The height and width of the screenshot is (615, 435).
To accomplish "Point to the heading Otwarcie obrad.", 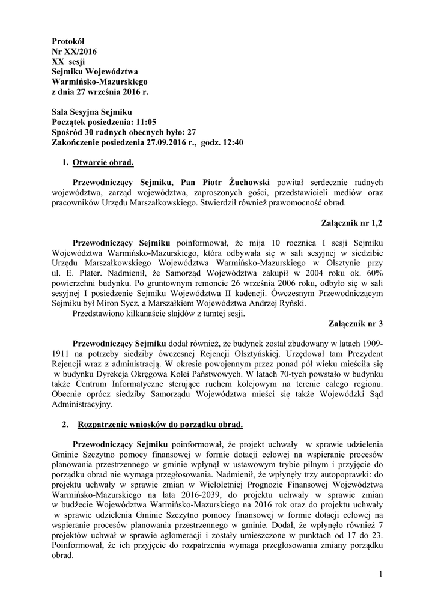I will (x=103, y=162).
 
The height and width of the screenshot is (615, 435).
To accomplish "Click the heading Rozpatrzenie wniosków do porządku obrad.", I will (x=160, y=425).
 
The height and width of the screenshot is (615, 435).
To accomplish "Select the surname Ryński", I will (x=291, y=303).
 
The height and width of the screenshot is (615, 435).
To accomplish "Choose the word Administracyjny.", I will (x=82, y=405).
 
